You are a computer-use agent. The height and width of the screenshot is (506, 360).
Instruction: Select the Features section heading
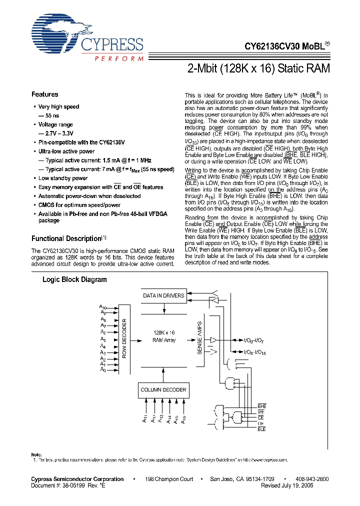[x=45, y=94]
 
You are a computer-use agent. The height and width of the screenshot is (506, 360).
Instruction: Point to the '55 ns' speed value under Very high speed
[x=53, y=115]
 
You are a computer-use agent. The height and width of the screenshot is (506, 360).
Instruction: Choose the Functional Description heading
[x=66, y=239]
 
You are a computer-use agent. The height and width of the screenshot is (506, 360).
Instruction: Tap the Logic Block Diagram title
[x=74, y=279]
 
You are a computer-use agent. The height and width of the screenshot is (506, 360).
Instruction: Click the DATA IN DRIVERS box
[x=163, y=295]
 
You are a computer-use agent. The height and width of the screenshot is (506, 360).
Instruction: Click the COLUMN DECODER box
[x=163, y=389]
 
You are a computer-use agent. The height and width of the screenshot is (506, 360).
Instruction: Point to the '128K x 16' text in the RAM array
[x=163, y=332]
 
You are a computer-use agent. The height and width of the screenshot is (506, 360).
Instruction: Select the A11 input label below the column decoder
[x=144, y=420]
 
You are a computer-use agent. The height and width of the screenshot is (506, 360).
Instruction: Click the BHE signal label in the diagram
[x=261, y=405]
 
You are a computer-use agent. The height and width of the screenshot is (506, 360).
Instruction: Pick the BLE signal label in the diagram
[x=261, y=429]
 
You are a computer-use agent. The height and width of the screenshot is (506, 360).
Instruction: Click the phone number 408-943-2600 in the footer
[x=312, y=479]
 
